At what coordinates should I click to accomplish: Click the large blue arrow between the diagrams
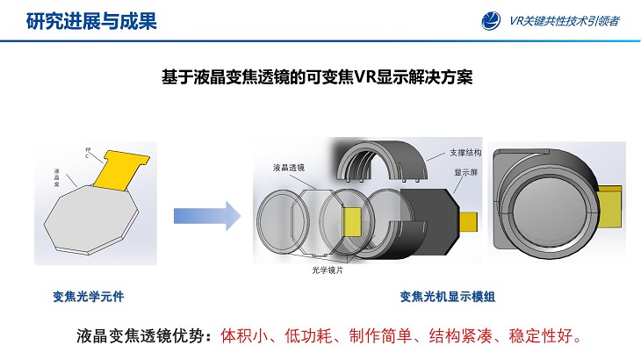[x=207, y=216]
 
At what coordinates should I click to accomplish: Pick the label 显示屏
[x=465, y=173]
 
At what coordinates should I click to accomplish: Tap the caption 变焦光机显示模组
[x=447, y=297]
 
